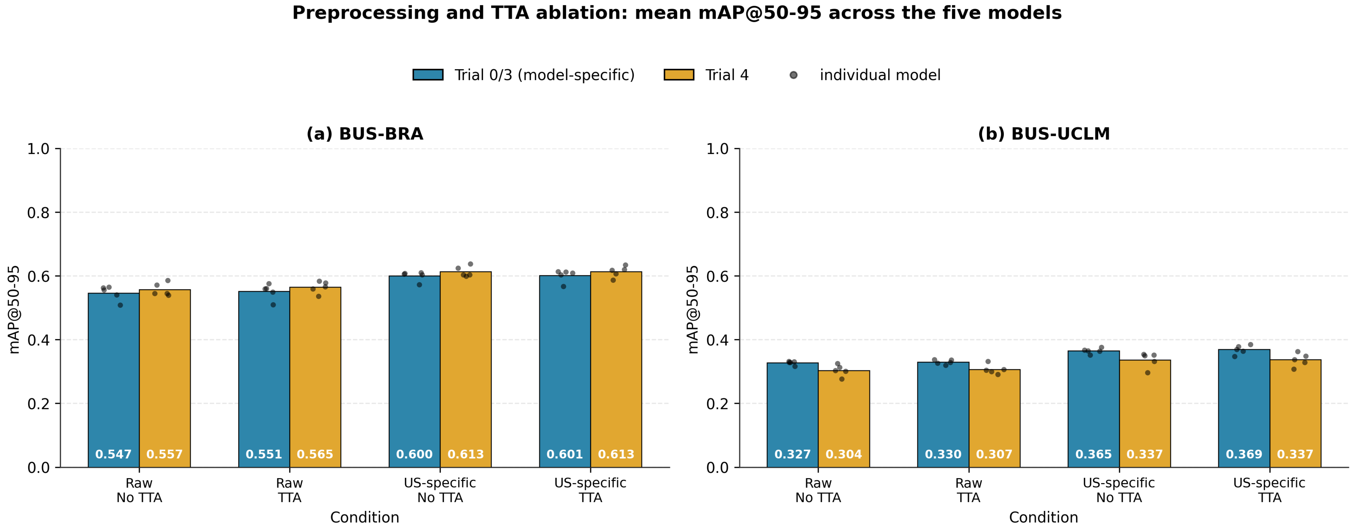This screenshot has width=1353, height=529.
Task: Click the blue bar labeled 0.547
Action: coord(113,380)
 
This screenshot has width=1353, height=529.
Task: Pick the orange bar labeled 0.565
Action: coord(315,377)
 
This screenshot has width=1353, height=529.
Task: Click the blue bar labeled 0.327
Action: coord(792,415)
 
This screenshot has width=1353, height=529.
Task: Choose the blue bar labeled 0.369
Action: coord(1244,408)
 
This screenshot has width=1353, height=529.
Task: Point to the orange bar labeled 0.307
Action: coord(994,418)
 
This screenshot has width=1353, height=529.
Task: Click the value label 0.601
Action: coord(565,454)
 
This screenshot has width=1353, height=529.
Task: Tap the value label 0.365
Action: coord(1094,454)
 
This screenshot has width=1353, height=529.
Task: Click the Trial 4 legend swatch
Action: coord(679,75)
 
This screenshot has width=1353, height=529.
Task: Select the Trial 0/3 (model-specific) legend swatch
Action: coord(428,75)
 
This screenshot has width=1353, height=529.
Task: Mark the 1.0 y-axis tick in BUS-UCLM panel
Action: coord(717,149)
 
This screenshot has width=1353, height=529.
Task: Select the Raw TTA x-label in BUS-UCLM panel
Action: coord(968,490)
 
